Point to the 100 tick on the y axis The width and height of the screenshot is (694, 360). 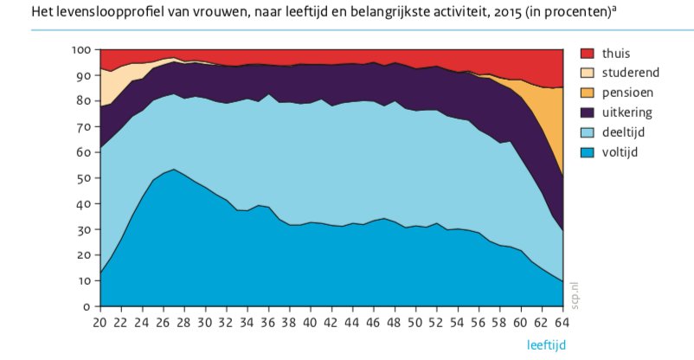(x=81, y=50)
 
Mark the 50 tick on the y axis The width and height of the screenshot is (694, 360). (x=84, y=178)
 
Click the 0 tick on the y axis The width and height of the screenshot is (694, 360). (x=87, y=306)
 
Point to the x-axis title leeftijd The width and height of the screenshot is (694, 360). (x=547, y=345)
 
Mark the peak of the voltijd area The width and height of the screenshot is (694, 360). (x=174, y=170)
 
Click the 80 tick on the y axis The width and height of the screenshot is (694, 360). (x=84, y=101)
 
